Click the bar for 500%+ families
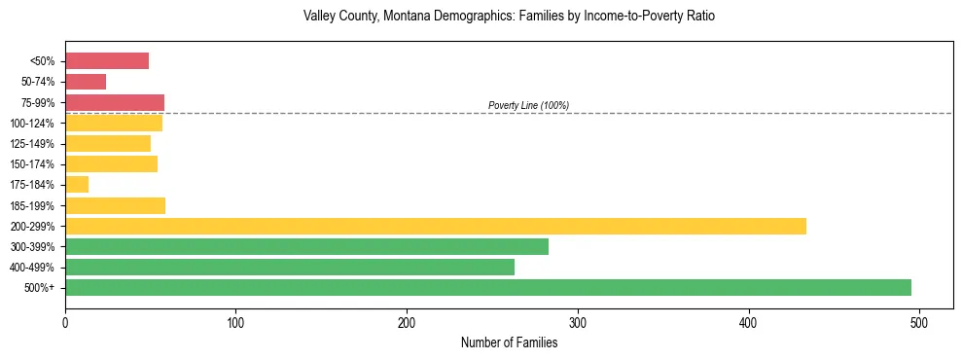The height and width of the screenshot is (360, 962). tap(487, 287)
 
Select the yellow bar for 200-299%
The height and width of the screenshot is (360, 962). tap(435, 226)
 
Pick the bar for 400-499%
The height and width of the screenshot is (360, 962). tap(289, 267)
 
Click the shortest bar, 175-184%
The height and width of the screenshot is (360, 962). tap(77, 185)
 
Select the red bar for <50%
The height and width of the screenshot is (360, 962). tap(107, 61)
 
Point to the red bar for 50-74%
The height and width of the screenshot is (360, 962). tap(86, 82)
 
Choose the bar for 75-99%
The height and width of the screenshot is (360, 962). tap(115, 102)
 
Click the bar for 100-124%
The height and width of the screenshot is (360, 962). tap(114, 124)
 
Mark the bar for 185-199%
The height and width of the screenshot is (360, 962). tap(115, 205)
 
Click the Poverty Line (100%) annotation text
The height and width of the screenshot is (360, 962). tap(528, 105)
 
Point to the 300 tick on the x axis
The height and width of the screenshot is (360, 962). tap(578, 322)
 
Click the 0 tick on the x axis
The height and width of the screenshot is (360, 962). tap(65, 322)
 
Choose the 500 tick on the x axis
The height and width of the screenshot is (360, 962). tap(919, 322)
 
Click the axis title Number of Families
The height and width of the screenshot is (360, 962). tap(509, 342)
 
